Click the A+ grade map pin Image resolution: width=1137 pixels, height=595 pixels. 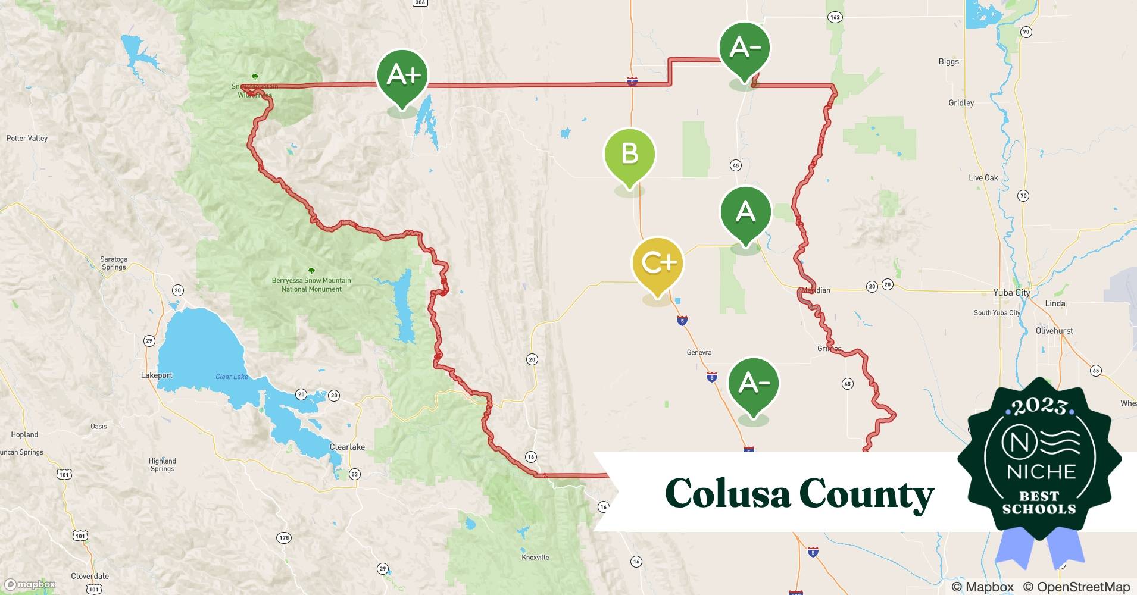tap(402, 76)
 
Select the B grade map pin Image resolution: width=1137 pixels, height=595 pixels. tap(629, 154)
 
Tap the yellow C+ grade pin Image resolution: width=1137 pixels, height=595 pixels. tap(658, 263)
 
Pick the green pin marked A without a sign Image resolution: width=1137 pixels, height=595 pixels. tap(745, 212)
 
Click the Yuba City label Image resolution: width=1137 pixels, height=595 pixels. tap(1011, 293)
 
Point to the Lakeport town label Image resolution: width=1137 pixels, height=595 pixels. tap(157, 375)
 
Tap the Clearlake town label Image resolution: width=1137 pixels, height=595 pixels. tap(347, 447)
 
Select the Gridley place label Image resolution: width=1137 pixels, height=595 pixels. tap(961, 103)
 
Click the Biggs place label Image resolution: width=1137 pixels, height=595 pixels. tap(948, 62)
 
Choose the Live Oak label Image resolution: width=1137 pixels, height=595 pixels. tap(983, 178)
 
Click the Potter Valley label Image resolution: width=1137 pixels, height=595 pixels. tap(27, 139)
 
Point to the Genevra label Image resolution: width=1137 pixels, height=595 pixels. tap(699, 353)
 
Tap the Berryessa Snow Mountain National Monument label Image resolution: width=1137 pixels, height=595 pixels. tap(311, 284)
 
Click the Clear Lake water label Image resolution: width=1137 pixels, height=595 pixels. tap(232, 377)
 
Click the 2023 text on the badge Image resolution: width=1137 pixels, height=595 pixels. tap(1039, 406)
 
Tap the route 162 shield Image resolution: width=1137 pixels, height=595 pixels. tap(835, 17)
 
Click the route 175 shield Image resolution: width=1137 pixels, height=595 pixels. tap(284, 538)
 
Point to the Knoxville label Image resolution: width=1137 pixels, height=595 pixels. tap(535, 558)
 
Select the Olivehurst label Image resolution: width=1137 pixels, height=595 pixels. tap(1054, 331)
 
